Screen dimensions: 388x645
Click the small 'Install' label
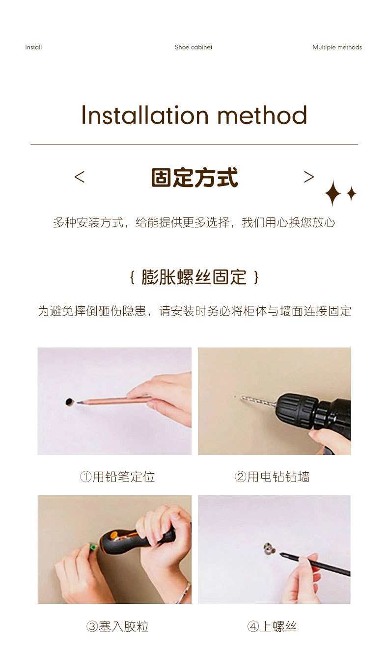[33, 47]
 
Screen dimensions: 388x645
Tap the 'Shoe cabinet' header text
[194, 47]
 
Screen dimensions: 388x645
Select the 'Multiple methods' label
[337, 47]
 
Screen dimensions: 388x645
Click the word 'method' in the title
[262, 115]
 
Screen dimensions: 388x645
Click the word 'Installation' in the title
[145, 115]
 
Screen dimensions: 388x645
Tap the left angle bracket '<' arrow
[80, 177]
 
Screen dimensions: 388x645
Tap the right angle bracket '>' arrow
[309, 177]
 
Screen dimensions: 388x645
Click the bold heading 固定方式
[194, 177]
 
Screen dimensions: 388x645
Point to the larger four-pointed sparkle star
[333, 193]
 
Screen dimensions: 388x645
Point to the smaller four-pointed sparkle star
[351, 193]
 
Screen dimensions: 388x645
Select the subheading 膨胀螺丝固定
[194, 277]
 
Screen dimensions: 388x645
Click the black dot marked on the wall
[69, 402]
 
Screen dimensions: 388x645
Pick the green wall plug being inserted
[93, 546]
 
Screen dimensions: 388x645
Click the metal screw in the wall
[269, 548]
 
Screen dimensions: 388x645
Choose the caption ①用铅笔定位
[117, 477]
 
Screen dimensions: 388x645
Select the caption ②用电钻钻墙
[272, 477]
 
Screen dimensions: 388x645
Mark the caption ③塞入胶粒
[117, 626]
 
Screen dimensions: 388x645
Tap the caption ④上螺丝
[272, 626]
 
